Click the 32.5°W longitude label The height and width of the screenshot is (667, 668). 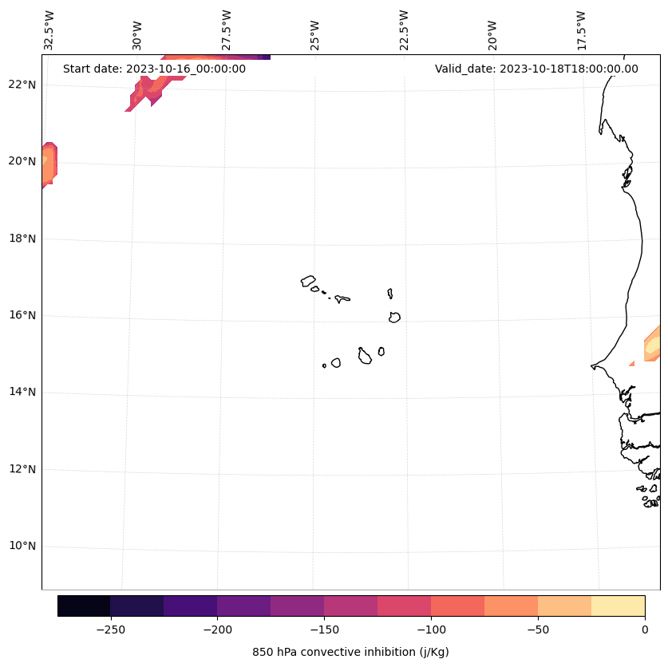49,30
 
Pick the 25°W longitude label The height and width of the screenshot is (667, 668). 315,35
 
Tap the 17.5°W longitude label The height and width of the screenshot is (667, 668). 581,30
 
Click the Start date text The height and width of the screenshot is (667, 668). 154,69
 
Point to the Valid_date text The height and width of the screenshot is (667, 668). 536,69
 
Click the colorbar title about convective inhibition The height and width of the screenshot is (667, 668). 350,652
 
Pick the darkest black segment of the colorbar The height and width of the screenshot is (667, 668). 84,606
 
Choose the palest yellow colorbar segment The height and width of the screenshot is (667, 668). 618,606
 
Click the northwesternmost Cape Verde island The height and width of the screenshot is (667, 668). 308,281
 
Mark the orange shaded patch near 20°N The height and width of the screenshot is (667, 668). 48,164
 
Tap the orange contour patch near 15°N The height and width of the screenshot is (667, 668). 653,343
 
